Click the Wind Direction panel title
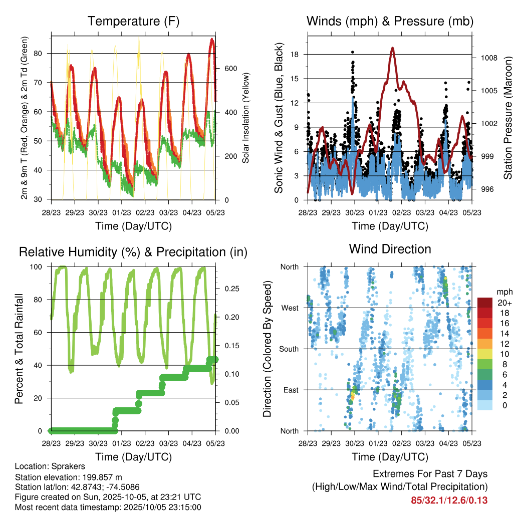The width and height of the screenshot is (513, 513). (x=390, y=249)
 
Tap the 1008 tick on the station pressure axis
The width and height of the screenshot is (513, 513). (x=488, y=58)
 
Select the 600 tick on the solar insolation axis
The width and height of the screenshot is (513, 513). (x=230, y=68)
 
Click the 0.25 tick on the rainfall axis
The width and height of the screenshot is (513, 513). (x=231, y=289)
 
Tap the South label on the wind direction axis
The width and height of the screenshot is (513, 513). (x=288, y=349)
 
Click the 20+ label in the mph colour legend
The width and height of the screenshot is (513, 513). (x=503, y=303)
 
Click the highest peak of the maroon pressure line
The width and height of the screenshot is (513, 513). (x=393, y=48)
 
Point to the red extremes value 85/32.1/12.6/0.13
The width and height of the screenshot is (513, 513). (x=449, y=500)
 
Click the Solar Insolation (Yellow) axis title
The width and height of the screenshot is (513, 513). (x=246, y=118)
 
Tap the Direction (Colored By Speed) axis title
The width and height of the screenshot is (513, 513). (x=267, y=348)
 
